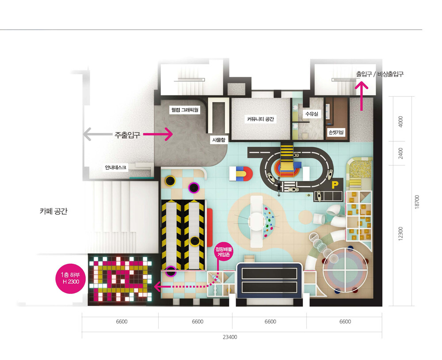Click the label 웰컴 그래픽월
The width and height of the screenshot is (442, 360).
[185, 110]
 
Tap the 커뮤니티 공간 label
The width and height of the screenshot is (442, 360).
[260, 119]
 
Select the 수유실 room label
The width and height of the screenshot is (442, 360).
[312, 114]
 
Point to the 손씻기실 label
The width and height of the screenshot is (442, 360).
[336, 132]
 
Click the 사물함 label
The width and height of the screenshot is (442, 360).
[219, 140]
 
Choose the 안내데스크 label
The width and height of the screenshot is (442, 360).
[115, 167]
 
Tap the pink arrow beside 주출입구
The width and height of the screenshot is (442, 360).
[158, 134]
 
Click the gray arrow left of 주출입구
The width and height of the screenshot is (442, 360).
[98, 134]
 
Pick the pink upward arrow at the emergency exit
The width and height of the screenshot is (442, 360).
[362, 96]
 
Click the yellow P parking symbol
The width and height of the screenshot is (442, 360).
[335, 185]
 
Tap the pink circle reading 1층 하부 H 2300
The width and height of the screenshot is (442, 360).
[70, 278]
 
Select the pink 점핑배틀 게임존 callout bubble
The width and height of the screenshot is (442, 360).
[224, 252]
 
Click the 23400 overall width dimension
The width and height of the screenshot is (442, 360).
[230, 337]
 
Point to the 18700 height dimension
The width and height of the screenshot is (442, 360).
[417, 202]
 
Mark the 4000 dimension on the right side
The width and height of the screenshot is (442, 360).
[400, 121]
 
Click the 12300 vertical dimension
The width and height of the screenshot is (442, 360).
[400, 234]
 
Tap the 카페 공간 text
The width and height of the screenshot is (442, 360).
[53, 211]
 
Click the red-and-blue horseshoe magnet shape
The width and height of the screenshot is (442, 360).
[241, 174]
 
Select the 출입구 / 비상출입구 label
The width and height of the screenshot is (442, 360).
[380, 74]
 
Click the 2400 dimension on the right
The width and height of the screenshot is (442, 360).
[400, 153]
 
